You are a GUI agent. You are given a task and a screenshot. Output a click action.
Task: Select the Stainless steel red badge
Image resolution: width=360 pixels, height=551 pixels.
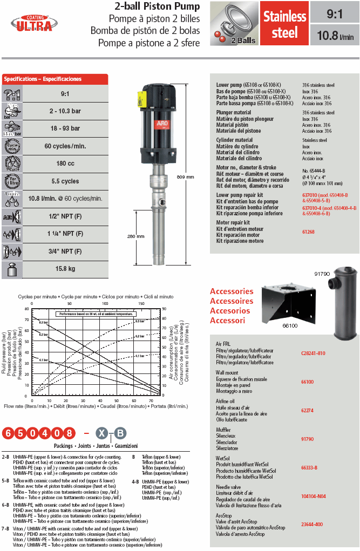[284, 24]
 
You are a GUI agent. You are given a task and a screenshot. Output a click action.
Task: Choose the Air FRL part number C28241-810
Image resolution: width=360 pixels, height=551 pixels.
[313, 353]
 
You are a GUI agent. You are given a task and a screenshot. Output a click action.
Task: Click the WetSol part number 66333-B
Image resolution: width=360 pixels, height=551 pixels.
[309, 467]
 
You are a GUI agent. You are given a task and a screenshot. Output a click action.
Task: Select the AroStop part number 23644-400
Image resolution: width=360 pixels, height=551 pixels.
[312, 525]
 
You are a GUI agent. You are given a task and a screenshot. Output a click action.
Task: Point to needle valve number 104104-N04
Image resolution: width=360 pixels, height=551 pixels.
[313, 496]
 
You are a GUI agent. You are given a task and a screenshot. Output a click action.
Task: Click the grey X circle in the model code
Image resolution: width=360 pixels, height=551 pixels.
[101, 433]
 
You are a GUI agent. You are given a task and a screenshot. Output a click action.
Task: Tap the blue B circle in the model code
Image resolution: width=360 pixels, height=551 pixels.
[121, 433]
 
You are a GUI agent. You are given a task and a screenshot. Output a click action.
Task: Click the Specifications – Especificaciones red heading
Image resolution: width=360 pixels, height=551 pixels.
[43, 79]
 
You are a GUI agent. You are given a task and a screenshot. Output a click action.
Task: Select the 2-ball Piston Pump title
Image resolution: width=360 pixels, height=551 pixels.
[157, 6]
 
